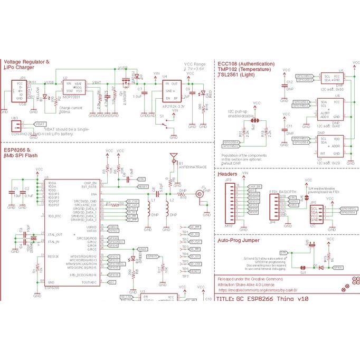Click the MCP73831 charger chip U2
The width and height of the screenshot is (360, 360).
[72, 89]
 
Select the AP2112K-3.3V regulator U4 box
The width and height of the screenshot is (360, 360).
[174, 90]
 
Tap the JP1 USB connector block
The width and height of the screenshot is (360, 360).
[20, 91]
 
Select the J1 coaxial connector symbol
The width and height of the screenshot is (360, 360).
[201, 194]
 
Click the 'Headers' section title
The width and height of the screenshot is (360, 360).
[228, 174]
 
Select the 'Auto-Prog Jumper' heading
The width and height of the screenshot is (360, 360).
[239, 240]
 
